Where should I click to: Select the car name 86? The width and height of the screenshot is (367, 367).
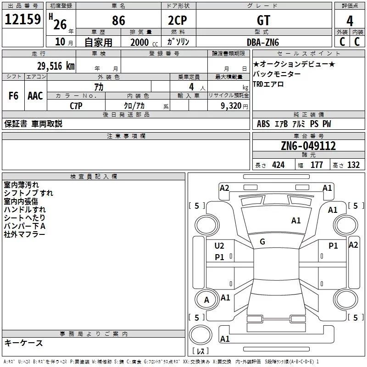[x=118, y=21]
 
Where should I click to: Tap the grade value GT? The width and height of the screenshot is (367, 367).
[x=263, y=21]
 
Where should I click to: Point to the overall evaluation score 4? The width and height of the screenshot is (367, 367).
[x=350, y=21]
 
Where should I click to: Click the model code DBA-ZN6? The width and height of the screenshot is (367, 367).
[x=263, y=42]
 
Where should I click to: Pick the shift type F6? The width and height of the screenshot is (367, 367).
[x=13, y=96]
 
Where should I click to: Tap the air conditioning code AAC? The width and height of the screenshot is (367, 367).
[x=35, y=96]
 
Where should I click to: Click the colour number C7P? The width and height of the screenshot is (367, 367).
[x=76, y=106]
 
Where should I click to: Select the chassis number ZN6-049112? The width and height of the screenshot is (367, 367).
[x=308, y=146]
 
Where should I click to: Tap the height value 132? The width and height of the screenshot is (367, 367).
[x=353, y=165]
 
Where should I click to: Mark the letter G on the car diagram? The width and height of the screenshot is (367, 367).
[x=262, y=242]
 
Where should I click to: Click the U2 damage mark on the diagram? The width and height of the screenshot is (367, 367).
[x=219, y=246]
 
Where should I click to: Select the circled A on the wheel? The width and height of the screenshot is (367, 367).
[x=206, y=300]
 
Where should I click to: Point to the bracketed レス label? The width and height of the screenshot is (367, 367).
[x=200, y=351]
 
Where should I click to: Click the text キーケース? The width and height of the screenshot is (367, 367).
[x=24, y=343]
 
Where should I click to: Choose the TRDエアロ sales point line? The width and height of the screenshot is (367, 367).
[x=268, y=84]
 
